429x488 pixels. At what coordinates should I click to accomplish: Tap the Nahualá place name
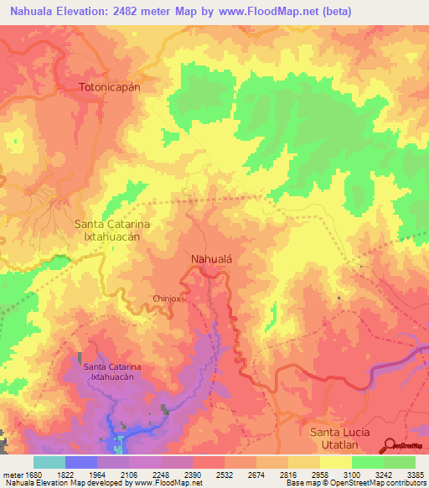click(x=210, y=259)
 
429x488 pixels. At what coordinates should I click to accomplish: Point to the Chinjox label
click(x=168, y=298)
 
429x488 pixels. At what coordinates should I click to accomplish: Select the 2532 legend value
click(x=225, y=474)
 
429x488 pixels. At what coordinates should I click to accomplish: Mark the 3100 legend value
click(x=351, y=474)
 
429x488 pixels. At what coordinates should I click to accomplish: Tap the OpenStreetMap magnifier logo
click(x=389, y=445)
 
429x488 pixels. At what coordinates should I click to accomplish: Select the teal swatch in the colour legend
click(x=49, y=462)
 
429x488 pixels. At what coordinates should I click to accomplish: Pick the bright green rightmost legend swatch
click(x=399, y=462)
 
